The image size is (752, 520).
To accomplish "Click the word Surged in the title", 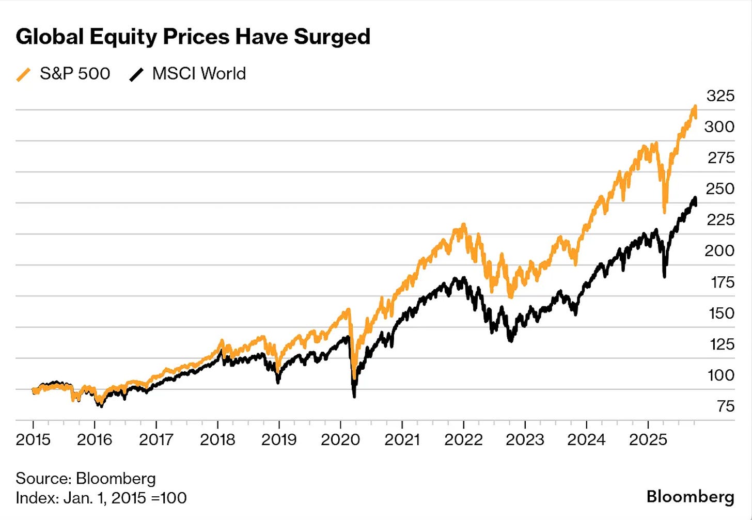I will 332,37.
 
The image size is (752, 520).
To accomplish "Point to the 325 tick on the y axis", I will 720,96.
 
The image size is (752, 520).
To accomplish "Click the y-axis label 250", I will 720,188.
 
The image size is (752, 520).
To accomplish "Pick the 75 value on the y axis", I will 726,406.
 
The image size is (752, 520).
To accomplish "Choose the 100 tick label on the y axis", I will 720,375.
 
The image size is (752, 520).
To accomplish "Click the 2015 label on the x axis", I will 33,439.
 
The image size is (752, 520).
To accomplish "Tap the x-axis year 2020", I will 340,439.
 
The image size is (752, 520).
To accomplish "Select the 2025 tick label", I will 648,439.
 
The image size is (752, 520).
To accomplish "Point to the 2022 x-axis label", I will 463,439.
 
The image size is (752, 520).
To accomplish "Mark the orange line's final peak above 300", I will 695,107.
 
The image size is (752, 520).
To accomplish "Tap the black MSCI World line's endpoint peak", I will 695,198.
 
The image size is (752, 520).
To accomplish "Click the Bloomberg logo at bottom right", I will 690,497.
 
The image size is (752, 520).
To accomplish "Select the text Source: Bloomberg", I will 86,478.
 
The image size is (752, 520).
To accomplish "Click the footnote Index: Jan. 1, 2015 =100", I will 101,498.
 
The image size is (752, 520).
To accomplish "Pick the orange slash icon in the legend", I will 24,75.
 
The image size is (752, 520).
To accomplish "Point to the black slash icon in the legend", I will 136,75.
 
